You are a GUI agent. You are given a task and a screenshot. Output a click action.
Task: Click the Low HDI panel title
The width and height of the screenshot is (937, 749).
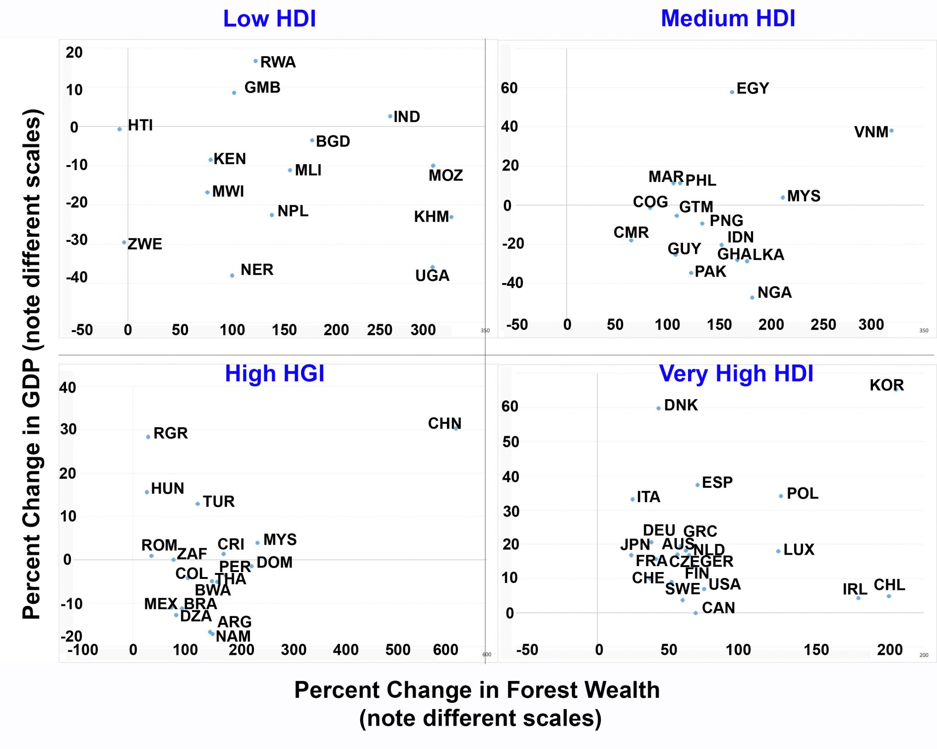coord(269,19)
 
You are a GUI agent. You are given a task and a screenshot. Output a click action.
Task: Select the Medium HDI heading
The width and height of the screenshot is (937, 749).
coord(728,19)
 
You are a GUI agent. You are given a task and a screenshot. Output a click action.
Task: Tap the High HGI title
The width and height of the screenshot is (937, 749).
coord(275,374)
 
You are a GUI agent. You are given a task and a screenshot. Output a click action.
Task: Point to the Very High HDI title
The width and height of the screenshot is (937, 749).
coord(736,374)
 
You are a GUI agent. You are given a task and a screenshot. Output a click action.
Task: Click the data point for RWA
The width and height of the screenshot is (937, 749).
coord(255,61)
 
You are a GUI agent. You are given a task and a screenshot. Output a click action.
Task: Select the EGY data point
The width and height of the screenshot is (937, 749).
coord(732,92)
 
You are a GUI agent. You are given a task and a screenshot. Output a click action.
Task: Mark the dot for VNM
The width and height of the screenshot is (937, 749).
coord(891,131)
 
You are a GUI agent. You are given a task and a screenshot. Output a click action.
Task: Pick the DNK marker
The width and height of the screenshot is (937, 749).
coord(658,408)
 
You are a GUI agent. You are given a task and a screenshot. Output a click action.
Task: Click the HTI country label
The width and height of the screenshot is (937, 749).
coord(140,125)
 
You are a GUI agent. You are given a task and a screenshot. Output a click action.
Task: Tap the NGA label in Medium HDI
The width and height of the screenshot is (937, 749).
coord(774,292)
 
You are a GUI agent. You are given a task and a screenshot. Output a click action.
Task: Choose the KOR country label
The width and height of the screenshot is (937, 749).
coord(886,385)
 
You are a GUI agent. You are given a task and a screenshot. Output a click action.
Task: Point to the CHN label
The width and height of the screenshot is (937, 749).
coord(444,423)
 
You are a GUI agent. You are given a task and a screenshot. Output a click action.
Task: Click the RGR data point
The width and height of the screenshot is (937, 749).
coord(148,437)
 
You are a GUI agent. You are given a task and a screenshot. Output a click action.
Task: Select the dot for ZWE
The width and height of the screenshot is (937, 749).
coord(124,242)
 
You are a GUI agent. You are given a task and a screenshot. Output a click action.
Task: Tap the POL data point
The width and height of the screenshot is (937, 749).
coord(781,496)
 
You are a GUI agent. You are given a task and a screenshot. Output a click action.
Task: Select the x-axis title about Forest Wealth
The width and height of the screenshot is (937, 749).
coord(477,703)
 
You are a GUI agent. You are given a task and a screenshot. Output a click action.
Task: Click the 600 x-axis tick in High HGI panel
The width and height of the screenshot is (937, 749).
coord(445,650)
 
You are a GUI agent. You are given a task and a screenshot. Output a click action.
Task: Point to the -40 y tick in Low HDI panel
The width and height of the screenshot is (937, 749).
coord(76,277)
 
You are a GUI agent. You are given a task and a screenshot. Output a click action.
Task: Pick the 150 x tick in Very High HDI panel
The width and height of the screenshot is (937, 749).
coord(816,650)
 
